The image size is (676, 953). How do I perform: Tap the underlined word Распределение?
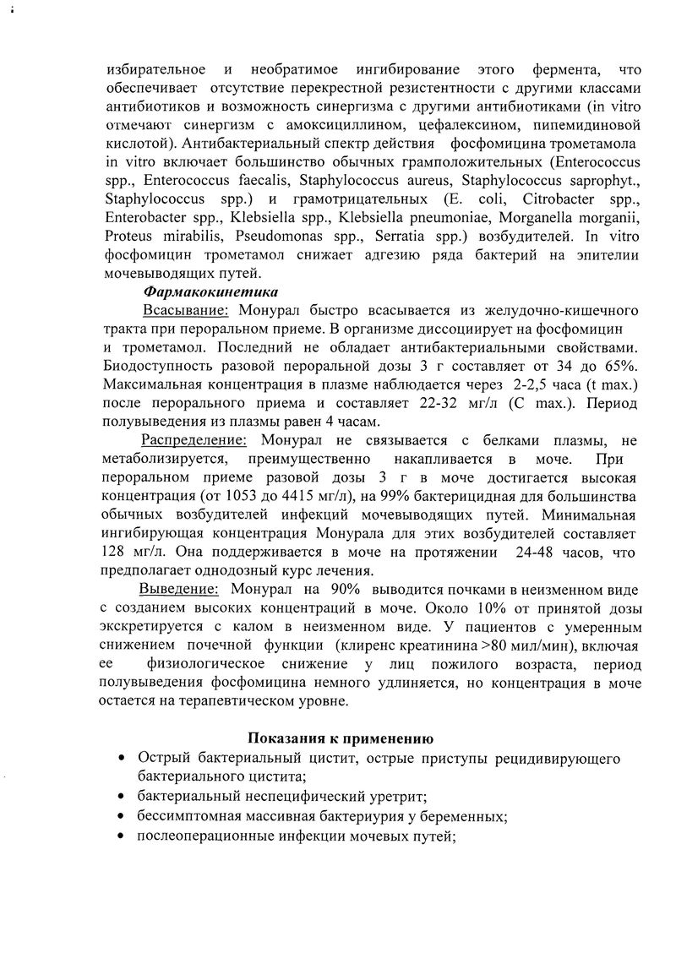pos(194,440)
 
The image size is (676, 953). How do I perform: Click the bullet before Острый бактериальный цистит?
pos(124,759)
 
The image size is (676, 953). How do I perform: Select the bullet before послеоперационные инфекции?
pos(124,836)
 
